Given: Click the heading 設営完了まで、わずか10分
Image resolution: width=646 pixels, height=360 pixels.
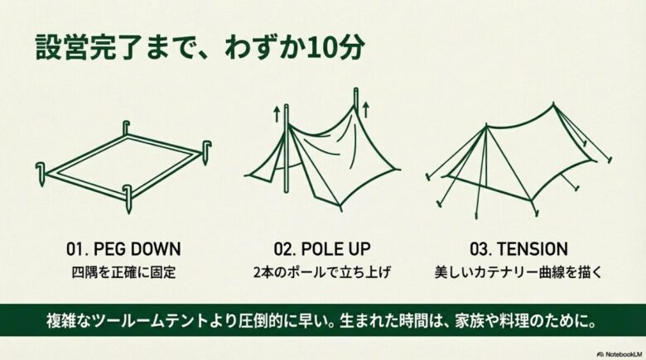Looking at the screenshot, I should tap(199, 46).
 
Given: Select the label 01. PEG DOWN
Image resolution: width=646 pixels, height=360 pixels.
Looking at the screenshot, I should tap(123, 249).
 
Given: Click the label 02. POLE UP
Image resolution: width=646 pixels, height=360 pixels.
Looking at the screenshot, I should tap(322, 249).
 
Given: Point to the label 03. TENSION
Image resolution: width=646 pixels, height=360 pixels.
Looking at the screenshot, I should tap(521, 249).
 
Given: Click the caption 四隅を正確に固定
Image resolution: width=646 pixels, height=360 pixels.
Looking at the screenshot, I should tap(123, 271).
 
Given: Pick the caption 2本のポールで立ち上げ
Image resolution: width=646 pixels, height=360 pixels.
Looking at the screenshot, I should tap(322, 271).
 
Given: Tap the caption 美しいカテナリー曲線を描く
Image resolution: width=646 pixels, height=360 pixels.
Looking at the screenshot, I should tap(521, 271).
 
